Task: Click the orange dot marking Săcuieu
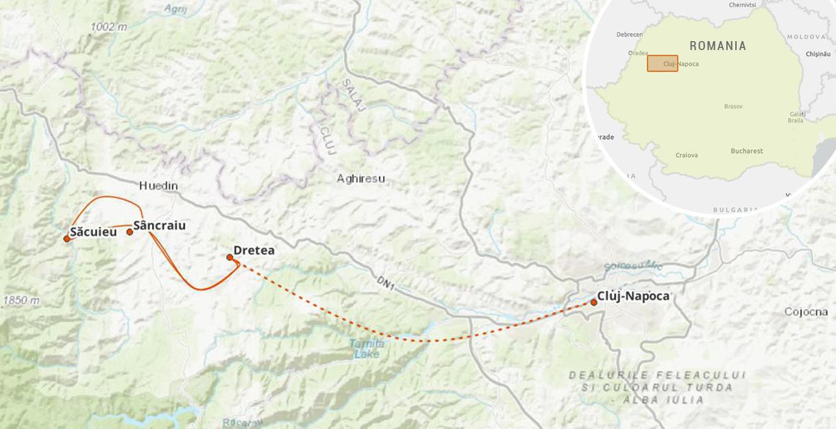[x=66, y=238]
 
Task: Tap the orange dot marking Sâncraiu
[x=130, y=232]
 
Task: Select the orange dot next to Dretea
[x=230, y=257]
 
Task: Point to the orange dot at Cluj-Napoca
[x=593, y=302]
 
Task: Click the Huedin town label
[x=158, y=186]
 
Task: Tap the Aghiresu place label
[x=360, y=179]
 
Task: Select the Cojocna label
[x=806, y=312]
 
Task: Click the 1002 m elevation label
[x=108, y=27]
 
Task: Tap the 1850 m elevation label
[x=21, y=300]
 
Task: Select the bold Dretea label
[x=254, y=250]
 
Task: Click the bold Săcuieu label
[x=93, y=232]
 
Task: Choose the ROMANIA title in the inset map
[x=717, y=46]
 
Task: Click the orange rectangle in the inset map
[x=662, y=63]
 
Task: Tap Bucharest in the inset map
[x=746, y=151]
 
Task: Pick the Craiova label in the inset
[x=686, y=155]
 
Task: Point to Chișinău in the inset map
[x=817, y=53]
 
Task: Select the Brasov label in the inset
[x=733, y=106]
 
